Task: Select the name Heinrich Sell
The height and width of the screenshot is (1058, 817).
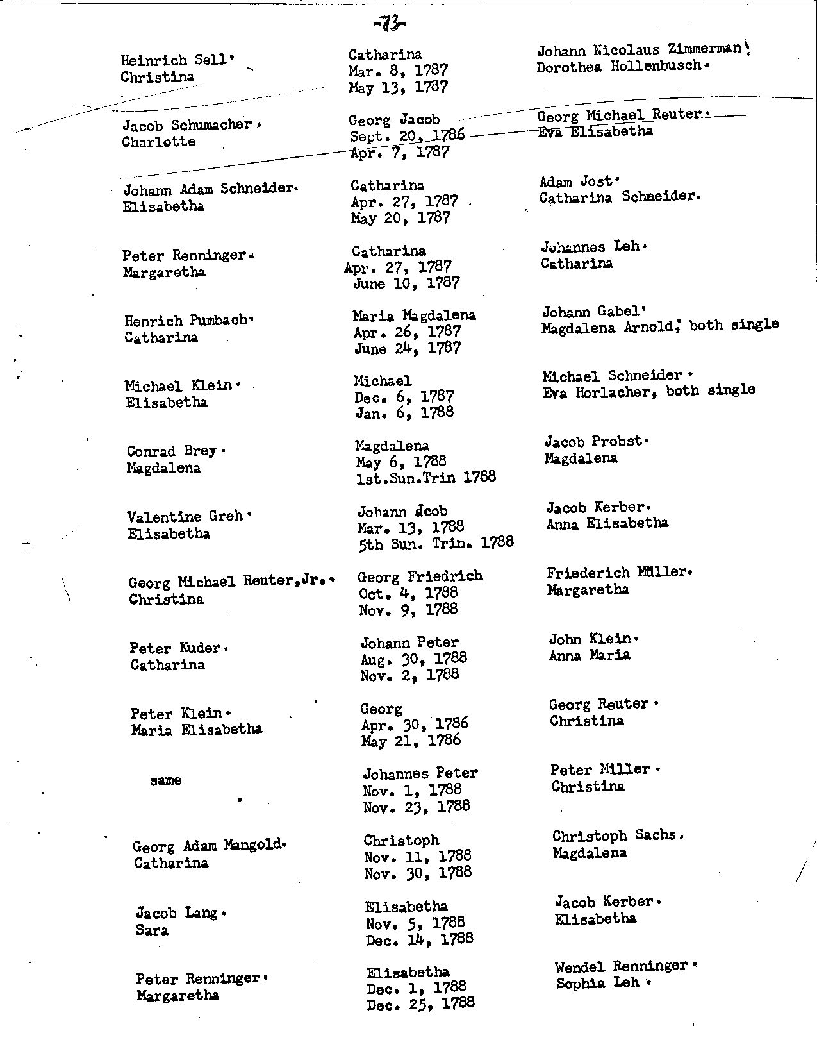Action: (174, 60)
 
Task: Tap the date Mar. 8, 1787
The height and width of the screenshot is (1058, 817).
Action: (398, 71)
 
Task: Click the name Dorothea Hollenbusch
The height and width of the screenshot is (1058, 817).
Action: (618, 66)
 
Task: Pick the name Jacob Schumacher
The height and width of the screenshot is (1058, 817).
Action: (186, 125)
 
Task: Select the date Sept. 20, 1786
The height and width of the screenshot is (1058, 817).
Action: (406, 135)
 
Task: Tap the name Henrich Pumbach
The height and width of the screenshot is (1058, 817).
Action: (186, 321)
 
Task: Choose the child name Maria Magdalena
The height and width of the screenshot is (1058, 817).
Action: (414, 315)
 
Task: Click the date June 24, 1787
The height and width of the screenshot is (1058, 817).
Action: (407, 349)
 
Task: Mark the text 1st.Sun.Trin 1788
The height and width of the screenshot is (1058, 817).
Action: (425, 477)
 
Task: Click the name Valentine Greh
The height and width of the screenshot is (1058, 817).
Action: (185, 516)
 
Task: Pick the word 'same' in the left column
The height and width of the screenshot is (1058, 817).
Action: (165, 780)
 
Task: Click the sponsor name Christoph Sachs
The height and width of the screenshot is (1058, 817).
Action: (614, 836)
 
